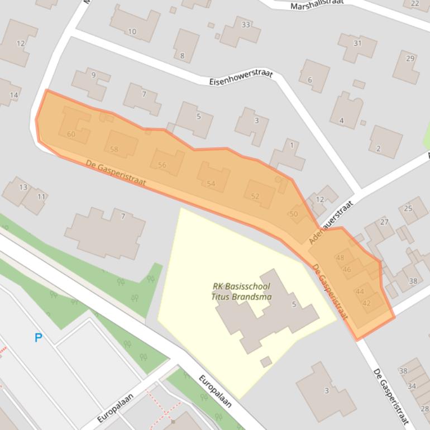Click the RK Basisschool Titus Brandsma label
pos(241,292)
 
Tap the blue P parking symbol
pos(39,337)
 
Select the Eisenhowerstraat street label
pos(241,77)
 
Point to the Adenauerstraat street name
pos(331,222)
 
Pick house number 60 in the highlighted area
pos(71,134)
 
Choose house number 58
pos(114,149)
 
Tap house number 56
pos(162,165)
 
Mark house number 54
pos(211,183)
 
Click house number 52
pos(255,196)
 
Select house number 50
pos(294,214)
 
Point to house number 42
pos(366,303)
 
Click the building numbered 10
pos(132,31)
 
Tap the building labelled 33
pos(246,25)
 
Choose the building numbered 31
pos(357,43)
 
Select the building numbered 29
pos(410,59)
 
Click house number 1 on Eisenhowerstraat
pos(292,146)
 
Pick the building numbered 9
pos(93,75)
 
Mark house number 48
pos(340,257)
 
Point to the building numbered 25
pos(408,208)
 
